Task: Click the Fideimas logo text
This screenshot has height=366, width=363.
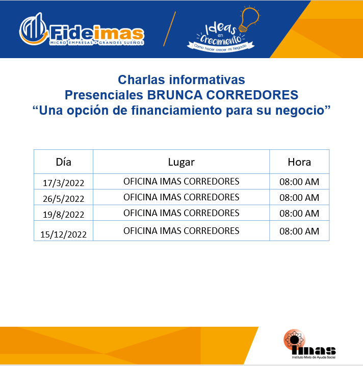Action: (x=97, y=34)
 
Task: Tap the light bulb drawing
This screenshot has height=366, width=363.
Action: (x=249, y=19)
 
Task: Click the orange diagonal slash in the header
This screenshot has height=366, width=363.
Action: (x=169, y=29)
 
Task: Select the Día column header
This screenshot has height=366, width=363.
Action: (x=64, y=162)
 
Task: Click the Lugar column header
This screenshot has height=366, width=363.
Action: (x=181, y=163)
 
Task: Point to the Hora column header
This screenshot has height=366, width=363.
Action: (x=299, y=162)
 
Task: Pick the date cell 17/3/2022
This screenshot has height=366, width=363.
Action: (x=64, y=183)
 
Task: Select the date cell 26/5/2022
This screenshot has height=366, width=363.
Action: (x=64, y=199)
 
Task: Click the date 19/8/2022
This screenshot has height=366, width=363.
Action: (x=64, y=215)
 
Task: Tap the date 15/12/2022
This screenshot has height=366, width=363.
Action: (x=64, y=234)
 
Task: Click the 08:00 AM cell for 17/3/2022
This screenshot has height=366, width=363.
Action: (x=299, y=182)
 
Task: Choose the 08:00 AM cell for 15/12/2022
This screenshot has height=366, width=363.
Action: (x=299, y=231)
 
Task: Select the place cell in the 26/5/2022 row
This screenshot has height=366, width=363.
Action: (x=181, y=197)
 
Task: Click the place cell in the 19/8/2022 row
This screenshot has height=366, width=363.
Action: (x=181, y=213)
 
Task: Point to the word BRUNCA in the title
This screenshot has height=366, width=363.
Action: (x=174, y=95)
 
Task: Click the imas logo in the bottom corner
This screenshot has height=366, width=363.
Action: (x=309, y=344)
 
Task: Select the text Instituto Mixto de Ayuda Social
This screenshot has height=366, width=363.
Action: (x=314, y=357)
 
